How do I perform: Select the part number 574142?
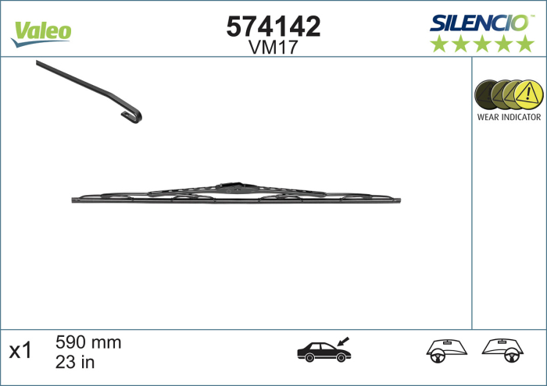point(273,27)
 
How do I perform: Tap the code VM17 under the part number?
point(273,47)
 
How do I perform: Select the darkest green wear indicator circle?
point(488,95)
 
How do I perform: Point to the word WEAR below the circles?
point(490,117)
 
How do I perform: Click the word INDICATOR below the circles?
point(522,117)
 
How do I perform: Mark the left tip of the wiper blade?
point(73,200)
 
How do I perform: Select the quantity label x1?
point(20,351)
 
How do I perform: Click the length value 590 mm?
point(88,342)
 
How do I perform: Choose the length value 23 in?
point(76,361)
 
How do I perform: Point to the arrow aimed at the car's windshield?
point(343,341)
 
